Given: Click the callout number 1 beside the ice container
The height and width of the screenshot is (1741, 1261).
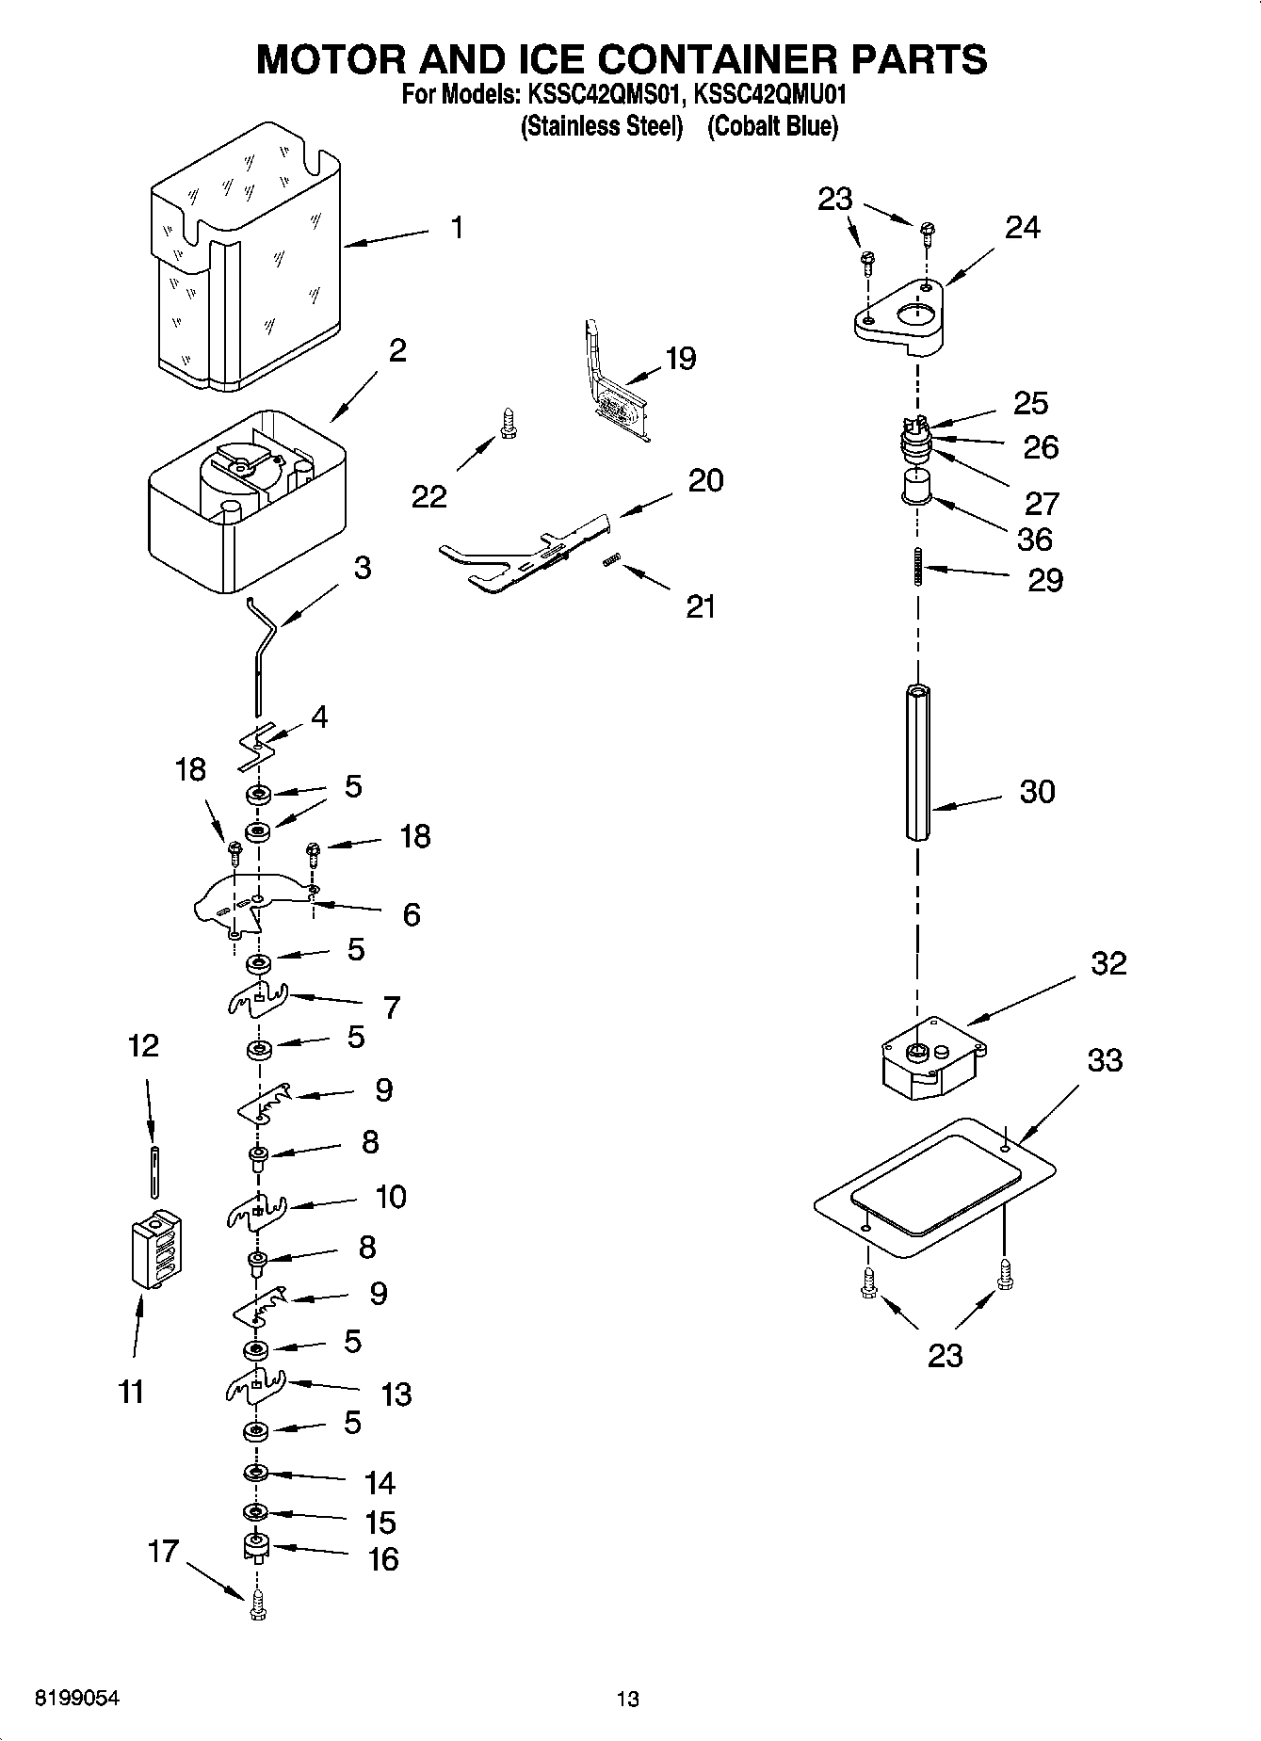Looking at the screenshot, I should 457,228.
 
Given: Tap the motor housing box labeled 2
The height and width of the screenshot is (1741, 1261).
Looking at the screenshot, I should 247,504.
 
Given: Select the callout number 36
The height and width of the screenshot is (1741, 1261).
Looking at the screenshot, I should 1034,540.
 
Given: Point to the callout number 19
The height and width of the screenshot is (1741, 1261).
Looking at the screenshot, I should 680,359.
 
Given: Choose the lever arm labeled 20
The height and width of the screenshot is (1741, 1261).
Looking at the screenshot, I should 527,556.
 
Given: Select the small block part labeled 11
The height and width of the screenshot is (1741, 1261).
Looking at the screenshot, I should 156,1249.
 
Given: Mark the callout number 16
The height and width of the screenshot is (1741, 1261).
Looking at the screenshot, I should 382,1558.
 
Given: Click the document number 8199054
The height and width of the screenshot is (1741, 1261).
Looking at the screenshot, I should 76,1698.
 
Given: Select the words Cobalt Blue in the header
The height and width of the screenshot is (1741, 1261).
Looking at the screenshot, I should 771,126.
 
